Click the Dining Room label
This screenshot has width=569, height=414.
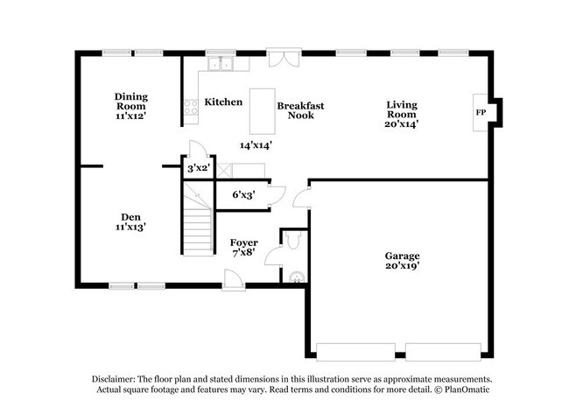pos(131,101)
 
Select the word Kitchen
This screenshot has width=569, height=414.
pos(223,102)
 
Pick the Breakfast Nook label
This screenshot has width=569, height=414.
pos(300,110)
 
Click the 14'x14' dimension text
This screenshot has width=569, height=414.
pos(256,145)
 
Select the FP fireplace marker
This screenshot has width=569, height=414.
pos(480,113)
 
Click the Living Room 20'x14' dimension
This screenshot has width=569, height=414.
pos(401,123)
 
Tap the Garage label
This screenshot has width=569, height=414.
pos(401,256)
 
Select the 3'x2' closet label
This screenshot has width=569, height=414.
pos(198,168)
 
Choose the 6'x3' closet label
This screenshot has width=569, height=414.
pos(242,194)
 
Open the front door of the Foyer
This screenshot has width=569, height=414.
pos(233,279)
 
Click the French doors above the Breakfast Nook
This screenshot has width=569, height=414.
pos(281,59)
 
